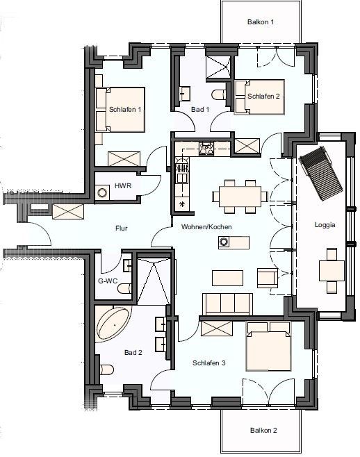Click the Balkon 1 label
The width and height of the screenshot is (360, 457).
click(261, 22)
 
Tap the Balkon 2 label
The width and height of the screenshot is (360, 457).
click(263, 430)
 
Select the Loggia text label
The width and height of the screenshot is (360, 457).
click(325, 225)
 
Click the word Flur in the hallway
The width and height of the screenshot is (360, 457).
click(122, 228)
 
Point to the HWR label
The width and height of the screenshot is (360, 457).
click(123, 185)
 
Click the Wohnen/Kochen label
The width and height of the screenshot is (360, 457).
click(206, 226)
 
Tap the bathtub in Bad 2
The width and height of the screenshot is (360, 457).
click(114, 324)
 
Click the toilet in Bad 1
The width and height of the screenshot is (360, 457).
click(220, 94)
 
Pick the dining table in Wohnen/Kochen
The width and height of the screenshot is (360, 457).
click(240, 197)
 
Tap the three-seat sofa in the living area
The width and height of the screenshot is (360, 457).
click(227, 304)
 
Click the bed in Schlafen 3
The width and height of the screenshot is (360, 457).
click(269, 346)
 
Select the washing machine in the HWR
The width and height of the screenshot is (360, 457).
click(102, 192)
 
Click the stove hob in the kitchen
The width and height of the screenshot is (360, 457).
click(207, 148)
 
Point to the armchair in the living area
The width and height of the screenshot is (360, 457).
click(268, 278)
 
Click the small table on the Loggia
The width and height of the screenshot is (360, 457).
click(332, 271)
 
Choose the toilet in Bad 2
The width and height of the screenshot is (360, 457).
click(106, 369)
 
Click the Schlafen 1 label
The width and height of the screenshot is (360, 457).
click(125, 110)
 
